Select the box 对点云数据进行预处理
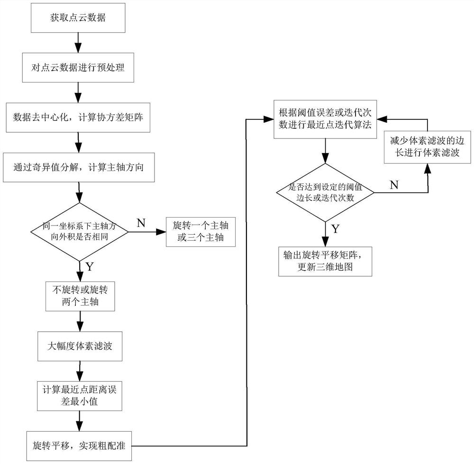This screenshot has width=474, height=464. [80, 67]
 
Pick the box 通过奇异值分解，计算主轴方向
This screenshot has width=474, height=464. [80, 167]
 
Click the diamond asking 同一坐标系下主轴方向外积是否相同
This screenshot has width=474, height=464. [80, 232]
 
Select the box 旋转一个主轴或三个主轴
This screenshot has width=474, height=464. [201, 232]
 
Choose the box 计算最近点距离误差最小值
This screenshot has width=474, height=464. [80, 396]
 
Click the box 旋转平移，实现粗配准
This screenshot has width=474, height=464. [80, 446]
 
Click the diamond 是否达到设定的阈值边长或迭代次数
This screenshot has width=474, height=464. [325, 192]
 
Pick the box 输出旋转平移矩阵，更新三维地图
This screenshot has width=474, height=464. [325, 261]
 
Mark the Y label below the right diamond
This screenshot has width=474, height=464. [335, 229]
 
